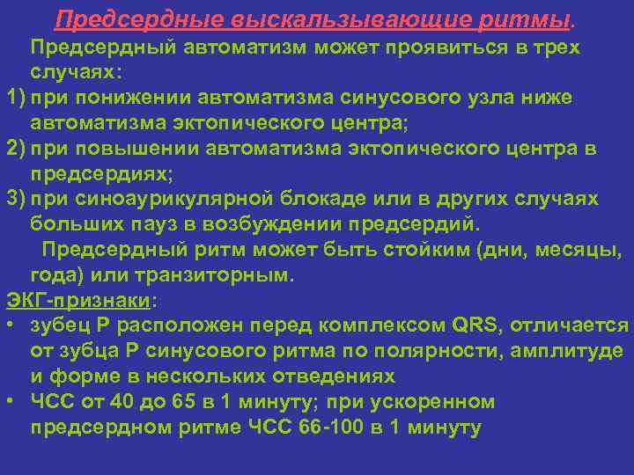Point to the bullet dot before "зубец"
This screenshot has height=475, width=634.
pos(8,326)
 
